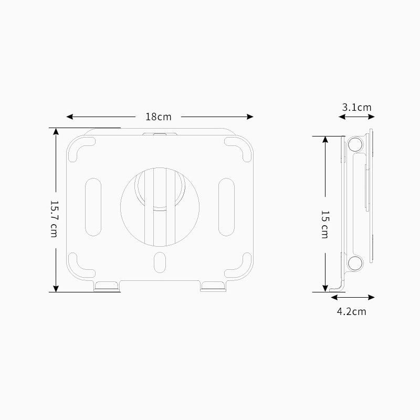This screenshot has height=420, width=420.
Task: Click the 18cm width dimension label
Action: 158,117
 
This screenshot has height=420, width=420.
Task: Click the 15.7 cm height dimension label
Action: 53,218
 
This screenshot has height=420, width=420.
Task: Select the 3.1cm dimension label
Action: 356,107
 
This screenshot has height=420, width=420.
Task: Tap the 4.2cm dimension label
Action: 351,311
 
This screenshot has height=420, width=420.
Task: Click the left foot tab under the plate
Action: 107,286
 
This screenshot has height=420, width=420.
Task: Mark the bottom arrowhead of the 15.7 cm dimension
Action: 56,288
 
